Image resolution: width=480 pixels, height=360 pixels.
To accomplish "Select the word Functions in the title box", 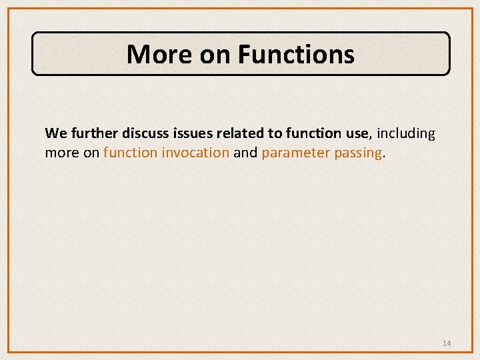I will (296, 54).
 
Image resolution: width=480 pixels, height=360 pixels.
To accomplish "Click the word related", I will (239, 133).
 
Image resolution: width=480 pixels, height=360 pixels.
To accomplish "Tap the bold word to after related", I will (275, 133).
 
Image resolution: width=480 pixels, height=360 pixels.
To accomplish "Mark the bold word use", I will (355, 133).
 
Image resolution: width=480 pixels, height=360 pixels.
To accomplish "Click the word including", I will (406, 133).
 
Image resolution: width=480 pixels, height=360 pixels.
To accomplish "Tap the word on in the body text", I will (91, 153).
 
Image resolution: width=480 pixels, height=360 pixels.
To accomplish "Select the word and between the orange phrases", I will (245, 153).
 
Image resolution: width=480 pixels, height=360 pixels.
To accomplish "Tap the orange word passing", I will (359, 153).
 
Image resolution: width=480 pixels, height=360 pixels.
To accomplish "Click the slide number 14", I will (447, 343).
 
